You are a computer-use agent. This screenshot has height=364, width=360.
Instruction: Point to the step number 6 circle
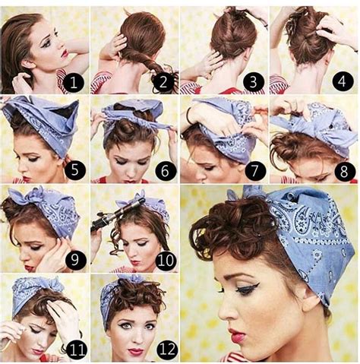tap(162, 171)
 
